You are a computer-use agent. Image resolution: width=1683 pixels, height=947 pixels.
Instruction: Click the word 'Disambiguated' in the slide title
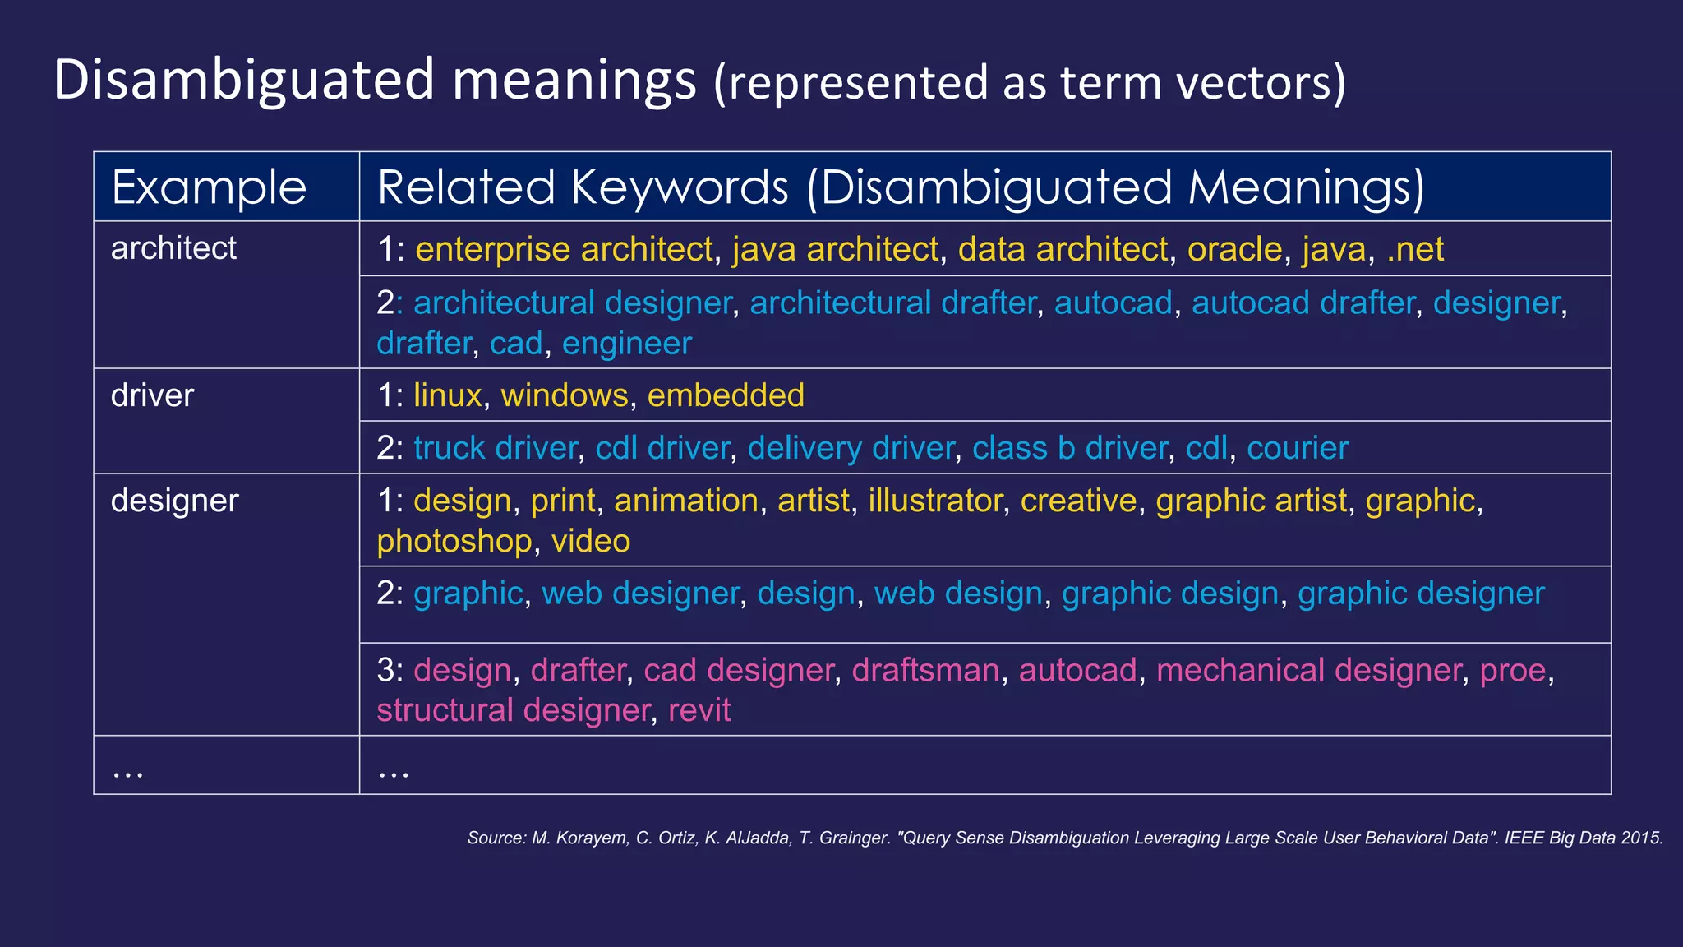tap(243, 81)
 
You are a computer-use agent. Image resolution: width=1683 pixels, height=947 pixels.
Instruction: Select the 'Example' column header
tap(209, 187)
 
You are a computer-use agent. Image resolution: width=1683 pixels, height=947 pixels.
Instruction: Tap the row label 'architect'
tap(173, 248)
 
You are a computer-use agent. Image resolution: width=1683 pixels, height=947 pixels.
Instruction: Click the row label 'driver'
tap(152, 395)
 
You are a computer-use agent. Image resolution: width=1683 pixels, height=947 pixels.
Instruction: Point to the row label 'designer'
tap(174, 501)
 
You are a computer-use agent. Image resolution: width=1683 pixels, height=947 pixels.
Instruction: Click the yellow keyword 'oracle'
tap(1234, 249)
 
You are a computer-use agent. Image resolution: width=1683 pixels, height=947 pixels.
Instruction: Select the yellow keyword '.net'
tap(1414, 249)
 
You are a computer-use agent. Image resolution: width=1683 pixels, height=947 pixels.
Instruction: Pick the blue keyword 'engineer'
tap(626, 344)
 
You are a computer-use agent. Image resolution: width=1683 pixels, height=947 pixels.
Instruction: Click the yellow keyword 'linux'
tap(447, 395)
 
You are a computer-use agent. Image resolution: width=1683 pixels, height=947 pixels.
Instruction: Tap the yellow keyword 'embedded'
tap(726, 395)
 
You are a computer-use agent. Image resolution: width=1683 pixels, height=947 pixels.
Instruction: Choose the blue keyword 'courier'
tap(1297, 448)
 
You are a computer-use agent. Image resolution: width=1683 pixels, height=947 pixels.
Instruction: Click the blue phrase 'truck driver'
tap(496, 448)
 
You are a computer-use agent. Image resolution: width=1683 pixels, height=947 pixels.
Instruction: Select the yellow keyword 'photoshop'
tap(454, 542)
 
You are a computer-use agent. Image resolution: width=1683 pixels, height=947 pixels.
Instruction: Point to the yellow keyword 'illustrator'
tap(935, 501)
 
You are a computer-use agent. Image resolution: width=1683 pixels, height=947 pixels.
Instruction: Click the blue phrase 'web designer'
tap(640, 594)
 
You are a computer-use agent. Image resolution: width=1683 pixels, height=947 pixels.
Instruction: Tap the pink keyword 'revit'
tap(699, 710)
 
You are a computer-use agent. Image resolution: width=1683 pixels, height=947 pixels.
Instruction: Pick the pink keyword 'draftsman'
tap(925, 670)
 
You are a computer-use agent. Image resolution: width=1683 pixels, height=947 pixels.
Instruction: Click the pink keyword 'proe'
tap(1513, 670)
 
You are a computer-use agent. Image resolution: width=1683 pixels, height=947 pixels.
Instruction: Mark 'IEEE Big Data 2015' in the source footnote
tap(1584, 838)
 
